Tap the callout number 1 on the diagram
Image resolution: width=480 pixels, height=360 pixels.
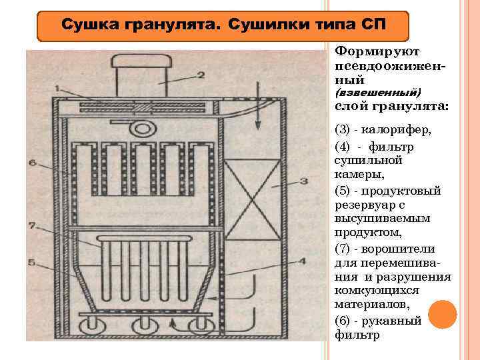tap(58, 87)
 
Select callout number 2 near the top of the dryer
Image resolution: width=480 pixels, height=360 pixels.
tap(201, 75)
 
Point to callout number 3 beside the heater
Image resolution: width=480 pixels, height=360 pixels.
tap(303, 180)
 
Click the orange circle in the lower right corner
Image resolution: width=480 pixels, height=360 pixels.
tap(443, 314)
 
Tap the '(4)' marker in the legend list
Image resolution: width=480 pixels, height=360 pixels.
tap(346, 146)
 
